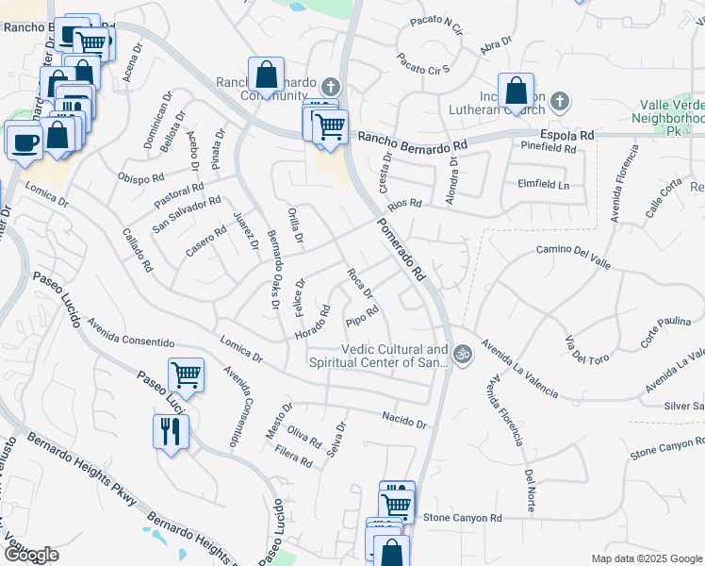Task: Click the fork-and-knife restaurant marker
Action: [171, 432]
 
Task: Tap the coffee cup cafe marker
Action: [24, 141]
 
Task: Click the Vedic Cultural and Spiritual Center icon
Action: [461, 355]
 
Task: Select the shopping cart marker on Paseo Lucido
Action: [187, 375]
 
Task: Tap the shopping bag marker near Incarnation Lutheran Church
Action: [516, 92]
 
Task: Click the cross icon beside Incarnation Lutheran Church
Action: [560, 100]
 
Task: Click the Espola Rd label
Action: [568, 135]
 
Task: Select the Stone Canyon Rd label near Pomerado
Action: [463, 518]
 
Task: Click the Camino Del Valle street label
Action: [575, 250]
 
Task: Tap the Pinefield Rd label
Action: [548, 148]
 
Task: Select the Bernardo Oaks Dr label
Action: [273, 269]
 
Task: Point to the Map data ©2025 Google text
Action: [646, 558]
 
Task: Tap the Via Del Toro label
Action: [587, 348]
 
